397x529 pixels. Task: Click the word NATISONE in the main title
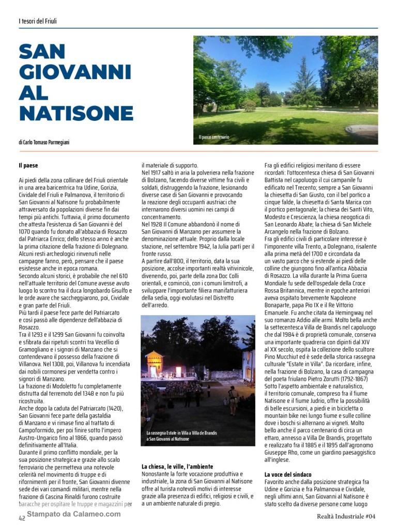click(x=76, y=113)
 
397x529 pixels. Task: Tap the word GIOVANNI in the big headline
click(x=75, y=72)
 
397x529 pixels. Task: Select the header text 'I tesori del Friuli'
click(x=37, y=21)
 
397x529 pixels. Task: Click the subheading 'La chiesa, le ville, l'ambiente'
click(x=177, y=466)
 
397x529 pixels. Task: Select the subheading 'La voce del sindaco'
click(x=288, y=474)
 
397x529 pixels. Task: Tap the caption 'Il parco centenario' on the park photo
click(x=214, y=137)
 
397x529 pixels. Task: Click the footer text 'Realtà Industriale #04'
click(x=346, y=516)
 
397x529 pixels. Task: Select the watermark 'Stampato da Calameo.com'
click(x=73, y=514)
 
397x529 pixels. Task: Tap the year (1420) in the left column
click(x=112, y=408)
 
